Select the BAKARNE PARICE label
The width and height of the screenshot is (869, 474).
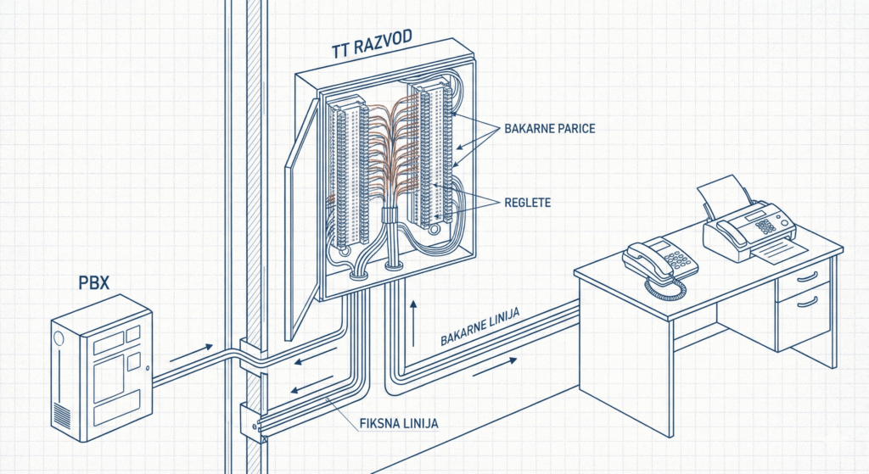(549, 128)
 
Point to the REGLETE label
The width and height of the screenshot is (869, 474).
(528, 202)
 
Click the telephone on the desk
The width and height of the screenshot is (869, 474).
(658, 257)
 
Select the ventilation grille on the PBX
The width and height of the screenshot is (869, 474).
(62, 414)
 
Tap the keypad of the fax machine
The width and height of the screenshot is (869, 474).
(766, 226)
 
